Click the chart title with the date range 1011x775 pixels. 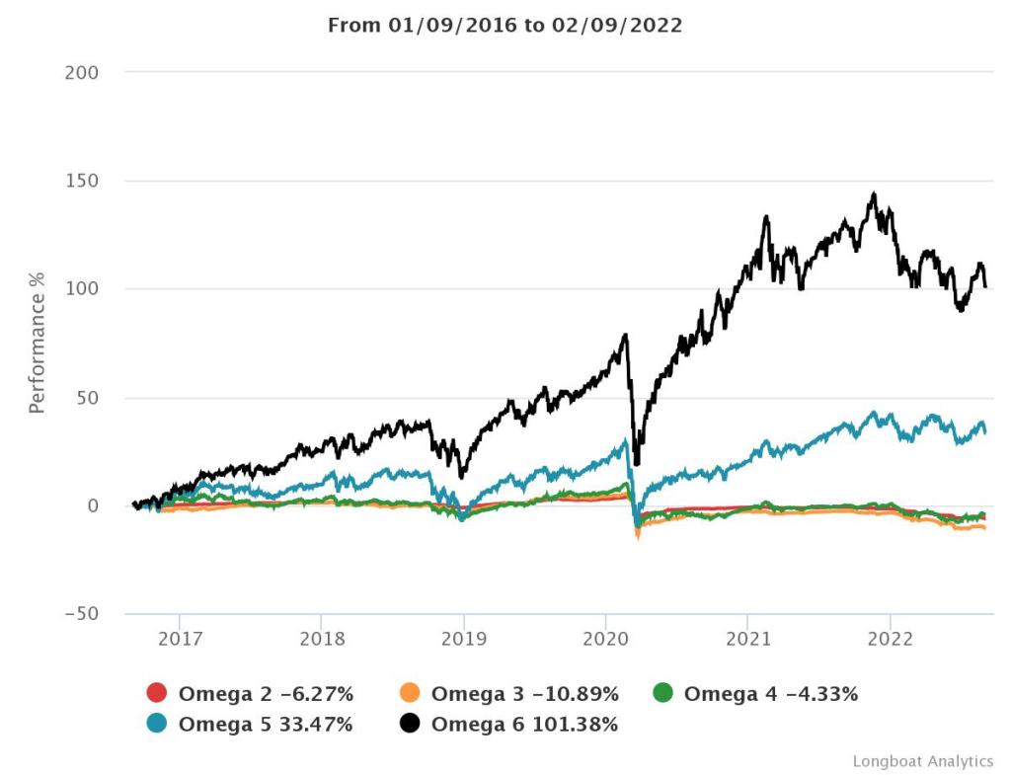(x=505, y=26)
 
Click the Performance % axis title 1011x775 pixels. (x=38, y=343)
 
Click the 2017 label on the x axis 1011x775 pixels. (x=179, y=638)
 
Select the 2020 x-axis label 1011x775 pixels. (x=606, y=638)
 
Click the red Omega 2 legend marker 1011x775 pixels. (x=157, y=694)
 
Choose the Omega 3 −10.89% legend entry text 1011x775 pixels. (x=524, y=694)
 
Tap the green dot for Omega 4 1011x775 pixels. (x=662, y=694)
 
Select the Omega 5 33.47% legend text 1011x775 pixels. (x=265, y=725)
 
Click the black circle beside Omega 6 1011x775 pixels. (x=410, y=725)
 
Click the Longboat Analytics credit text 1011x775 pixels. (x=922, y=761)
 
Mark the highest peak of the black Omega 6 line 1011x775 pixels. (x=874, y=194)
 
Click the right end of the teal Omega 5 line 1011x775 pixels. (x=985, y=431)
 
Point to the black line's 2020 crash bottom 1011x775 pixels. (x=635, y=463)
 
